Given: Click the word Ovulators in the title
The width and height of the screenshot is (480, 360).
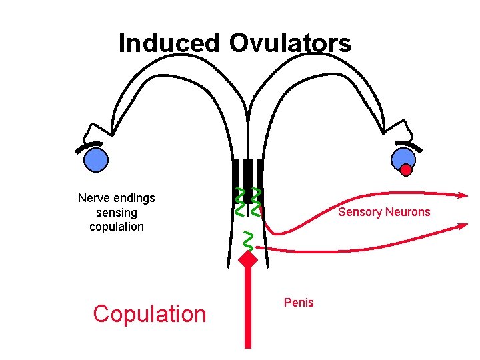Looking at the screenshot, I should pos(290,43).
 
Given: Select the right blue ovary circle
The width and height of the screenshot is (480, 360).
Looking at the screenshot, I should pos(403,158).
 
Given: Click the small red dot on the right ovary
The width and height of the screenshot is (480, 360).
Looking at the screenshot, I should pos(406,170).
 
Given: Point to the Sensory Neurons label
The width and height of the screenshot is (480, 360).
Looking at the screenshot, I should pos(384,213).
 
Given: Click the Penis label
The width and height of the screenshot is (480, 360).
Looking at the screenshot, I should pos(299,303).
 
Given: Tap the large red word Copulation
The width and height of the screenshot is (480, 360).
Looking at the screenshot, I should pos(150,313).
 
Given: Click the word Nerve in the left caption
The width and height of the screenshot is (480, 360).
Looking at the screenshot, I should pos(93,198).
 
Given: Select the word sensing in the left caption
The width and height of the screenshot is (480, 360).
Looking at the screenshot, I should pos(117,213).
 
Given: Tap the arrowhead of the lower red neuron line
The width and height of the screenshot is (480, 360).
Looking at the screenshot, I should pos(462,227).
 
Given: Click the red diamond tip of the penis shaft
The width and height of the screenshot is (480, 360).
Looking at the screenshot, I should pos(248,260).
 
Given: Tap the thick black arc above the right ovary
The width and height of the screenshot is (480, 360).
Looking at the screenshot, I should pos(408,145).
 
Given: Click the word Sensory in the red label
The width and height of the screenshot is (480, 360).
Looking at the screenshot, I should pos(359,213).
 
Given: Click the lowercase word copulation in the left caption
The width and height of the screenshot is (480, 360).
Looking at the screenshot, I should pos(117,227).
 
